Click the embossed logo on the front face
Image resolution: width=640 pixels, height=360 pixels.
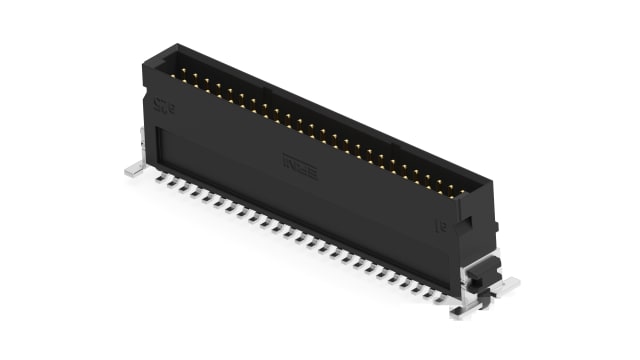click(299, 160)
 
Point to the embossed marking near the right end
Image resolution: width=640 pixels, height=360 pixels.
click(441, 229)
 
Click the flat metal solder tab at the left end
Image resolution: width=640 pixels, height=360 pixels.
click(135, 170)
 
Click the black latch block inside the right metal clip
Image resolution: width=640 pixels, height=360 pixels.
click(481, 270)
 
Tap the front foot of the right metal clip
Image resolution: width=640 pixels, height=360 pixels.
click(463, 311)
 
